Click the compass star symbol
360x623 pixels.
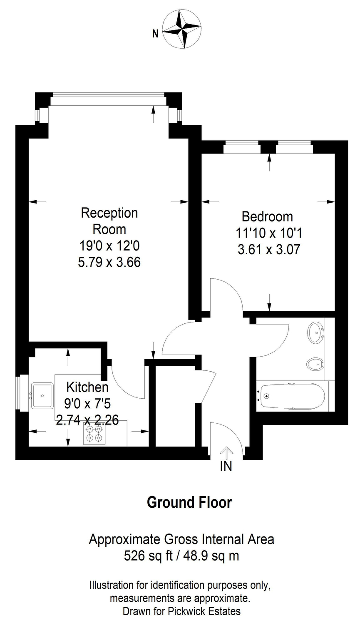click(182, 29)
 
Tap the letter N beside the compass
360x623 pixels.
click(155, 34)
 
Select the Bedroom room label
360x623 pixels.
click(267, 216)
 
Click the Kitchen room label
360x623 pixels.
click(87, 387)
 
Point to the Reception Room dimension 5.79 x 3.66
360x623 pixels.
click(109, 262)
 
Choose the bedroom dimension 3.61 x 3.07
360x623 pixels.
click(269, 249)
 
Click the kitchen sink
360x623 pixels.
click(42, 395)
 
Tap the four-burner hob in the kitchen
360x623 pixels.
click(94, 434)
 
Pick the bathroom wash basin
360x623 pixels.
click(316, 333)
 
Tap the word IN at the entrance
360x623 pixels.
click(226, 466)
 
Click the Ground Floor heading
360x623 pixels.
click(189, 502)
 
